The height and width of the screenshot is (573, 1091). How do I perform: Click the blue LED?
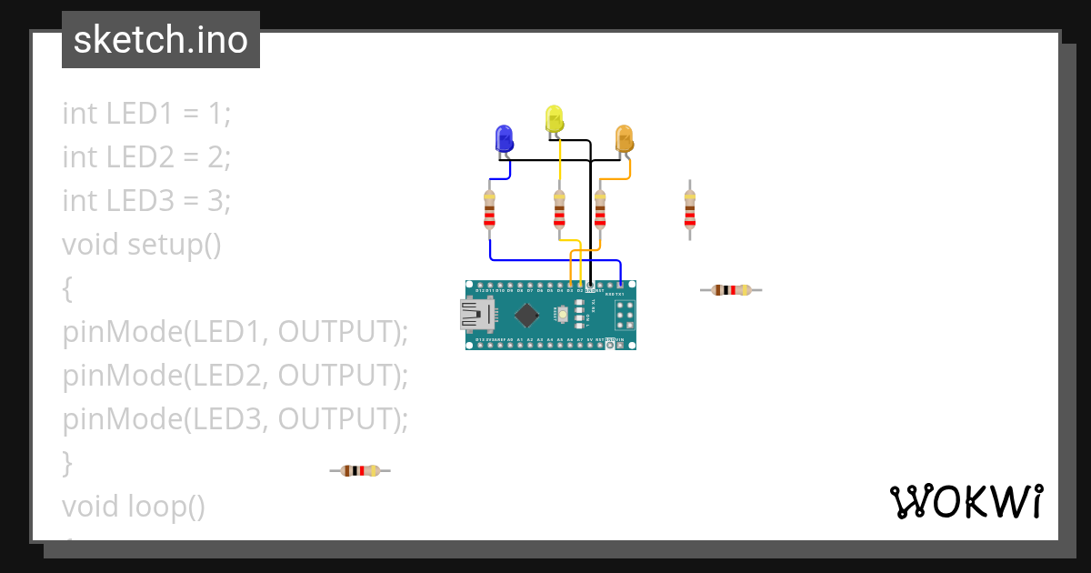click(504, 138)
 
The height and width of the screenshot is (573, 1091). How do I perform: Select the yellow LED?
click(554, 118)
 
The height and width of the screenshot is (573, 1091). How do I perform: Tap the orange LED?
click(624, 138)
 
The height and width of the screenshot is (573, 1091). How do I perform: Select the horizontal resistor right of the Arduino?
click(731, 290)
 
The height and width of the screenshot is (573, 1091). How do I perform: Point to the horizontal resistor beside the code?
click(360, 470)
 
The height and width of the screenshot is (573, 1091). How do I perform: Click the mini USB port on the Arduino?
click(475, 316)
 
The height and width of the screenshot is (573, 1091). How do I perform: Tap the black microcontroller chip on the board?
click(526, 316)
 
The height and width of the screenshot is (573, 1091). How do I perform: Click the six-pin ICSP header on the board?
click(625, 315)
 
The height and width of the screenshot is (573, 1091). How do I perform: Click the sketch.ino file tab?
click(161, 40)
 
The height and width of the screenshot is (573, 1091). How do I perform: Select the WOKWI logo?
click(966, 502)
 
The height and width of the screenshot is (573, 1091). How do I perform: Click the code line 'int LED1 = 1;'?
click(146, 114)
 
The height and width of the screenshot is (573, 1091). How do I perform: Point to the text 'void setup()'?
click(142, 245)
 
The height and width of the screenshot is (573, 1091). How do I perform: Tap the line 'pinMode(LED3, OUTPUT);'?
click(235, 419)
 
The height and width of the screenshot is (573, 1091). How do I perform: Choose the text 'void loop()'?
click(134, 506)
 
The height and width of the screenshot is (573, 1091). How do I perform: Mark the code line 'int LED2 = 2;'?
click(146, 157)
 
